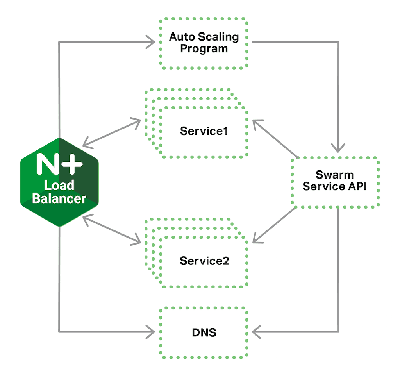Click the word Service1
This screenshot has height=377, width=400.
click(x=204, y=131)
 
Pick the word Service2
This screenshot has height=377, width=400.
click(x=204, y=261)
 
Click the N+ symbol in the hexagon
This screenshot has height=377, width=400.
click(x=59, y=164)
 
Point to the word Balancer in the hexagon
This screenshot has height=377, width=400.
click(x=59, y=198)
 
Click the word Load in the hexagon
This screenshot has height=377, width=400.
click(x=59, y=185)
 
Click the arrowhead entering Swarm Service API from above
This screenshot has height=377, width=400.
click(x=338, y=147)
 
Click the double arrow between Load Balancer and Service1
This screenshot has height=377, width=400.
click(x=112, y=133)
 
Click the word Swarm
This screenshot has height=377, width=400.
click(x=335, y=175)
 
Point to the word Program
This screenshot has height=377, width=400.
click(x=204, y=49)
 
